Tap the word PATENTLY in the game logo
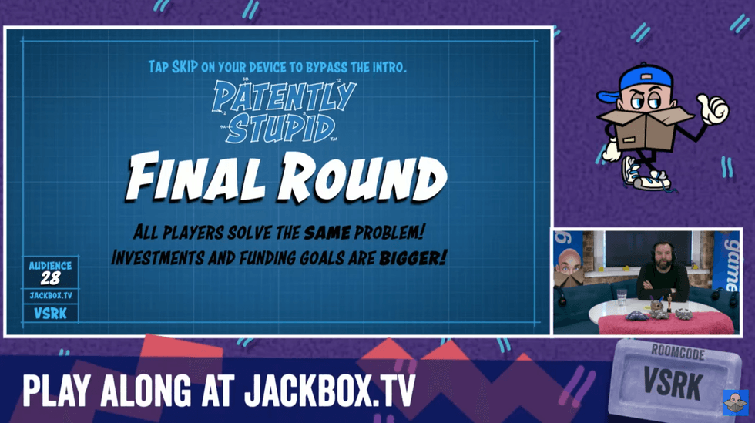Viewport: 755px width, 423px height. pyautogui.click(x=284, y=96)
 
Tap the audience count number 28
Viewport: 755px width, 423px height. pyautogui.click(x=49, y=278)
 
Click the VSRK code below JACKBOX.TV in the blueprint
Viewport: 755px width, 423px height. pyautogui.click(x=49, y=314)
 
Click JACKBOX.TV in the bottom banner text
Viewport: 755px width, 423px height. pyautogui.click(x=329, y=391)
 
